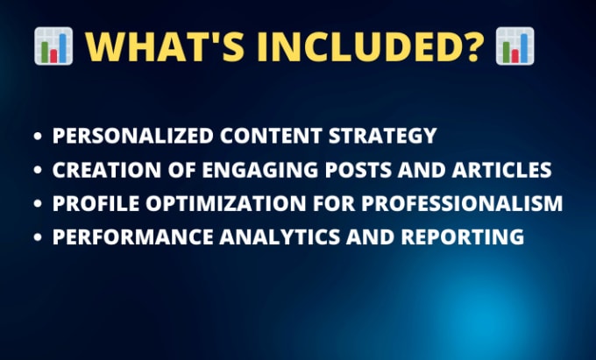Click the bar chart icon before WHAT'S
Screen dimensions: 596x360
(53, 46)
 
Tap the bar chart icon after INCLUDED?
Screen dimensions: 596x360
(515, 46)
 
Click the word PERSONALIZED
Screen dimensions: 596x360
(133, 136)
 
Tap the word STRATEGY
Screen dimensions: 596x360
(383, 136)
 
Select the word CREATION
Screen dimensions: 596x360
(107, 170)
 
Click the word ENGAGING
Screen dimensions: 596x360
(260, 170)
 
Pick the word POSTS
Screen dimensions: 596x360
(358, 170)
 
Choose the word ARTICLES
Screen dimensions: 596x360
(501, 170)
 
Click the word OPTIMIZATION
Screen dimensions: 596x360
(226, 203)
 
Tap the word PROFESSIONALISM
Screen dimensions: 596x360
(462, 203)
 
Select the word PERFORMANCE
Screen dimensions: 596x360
(133, 236)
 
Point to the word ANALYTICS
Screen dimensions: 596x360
(280, 236)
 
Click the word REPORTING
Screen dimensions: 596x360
(463, 236)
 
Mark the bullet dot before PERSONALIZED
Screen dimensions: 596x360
(38, 136)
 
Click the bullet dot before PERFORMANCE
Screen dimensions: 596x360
(38, 237)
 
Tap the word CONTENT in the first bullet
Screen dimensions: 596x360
(271, 136)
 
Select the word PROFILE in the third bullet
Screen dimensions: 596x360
(96, 203)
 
